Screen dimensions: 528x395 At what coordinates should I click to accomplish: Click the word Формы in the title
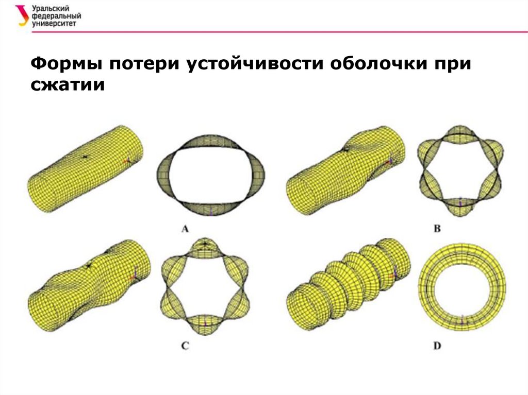(67, 63)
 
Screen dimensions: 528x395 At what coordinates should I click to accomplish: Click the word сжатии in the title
(68, 84)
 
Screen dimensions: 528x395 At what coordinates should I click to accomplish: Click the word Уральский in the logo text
(51, 8)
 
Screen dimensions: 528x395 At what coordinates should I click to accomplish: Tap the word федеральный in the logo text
(56, 16)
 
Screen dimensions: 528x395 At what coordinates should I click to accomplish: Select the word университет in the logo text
(54, 23)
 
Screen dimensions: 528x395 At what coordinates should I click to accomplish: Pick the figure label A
(185, 229)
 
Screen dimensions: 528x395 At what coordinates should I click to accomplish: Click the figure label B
(437, 229)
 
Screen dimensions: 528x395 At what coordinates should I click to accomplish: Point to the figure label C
(185, 346)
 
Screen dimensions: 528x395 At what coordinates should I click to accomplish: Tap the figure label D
(437, 346)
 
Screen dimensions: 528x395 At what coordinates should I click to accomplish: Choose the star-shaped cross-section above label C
(205, 249)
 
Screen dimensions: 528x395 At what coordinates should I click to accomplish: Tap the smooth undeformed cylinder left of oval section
(85, 169)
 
